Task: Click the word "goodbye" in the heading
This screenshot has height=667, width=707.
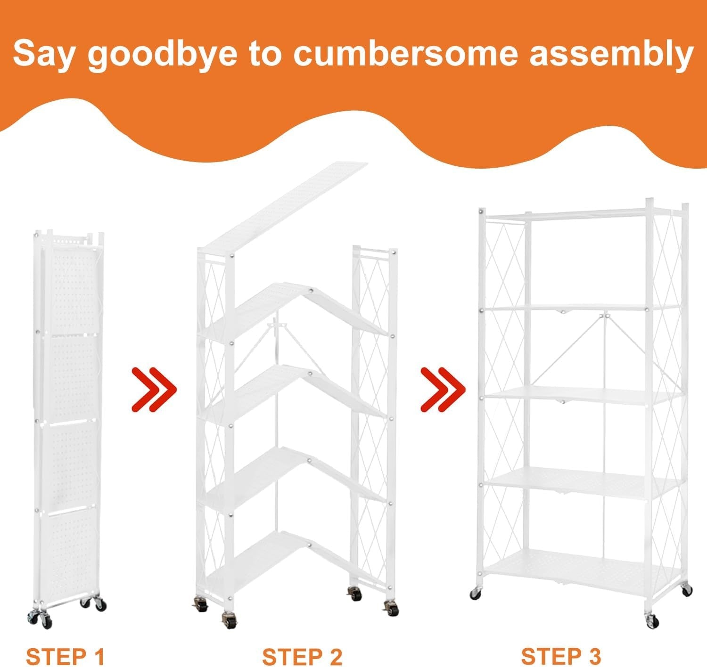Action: (162, 55)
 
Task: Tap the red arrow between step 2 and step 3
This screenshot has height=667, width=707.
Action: (443, 390)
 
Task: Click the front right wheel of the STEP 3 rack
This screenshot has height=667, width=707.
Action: (652, 621)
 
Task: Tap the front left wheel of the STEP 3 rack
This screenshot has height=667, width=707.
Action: (475, 594)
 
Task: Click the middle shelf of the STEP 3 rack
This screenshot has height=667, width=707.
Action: (584, 396)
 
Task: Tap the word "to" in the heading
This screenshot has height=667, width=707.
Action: (265, 55)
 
